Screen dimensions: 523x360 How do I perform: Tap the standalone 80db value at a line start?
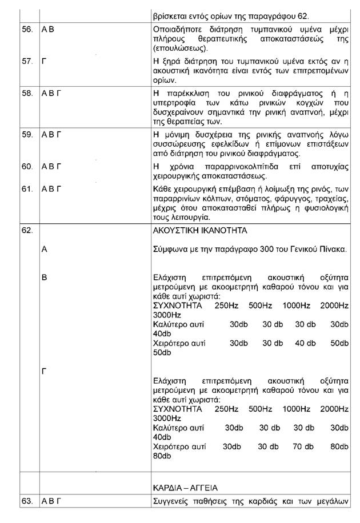[162, 456]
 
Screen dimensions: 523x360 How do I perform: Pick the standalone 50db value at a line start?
[162, 353]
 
